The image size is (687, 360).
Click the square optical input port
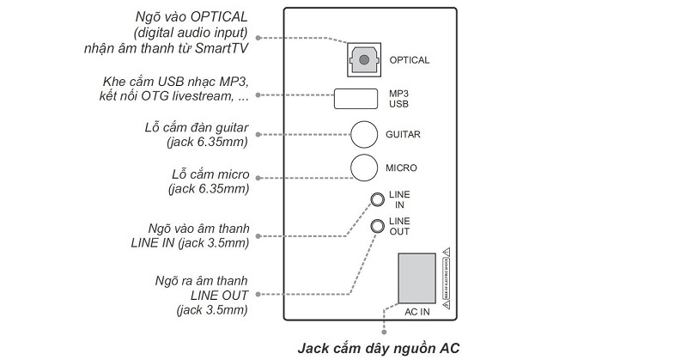[365, 59]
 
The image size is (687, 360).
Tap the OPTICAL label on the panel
[409, 60]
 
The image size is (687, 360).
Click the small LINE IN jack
[377, 200]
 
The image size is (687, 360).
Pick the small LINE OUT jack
[377, 226]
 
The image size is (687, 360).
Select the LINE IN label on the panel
[399, 200]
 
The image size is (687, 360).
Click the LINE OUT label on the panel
[399, 226]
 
